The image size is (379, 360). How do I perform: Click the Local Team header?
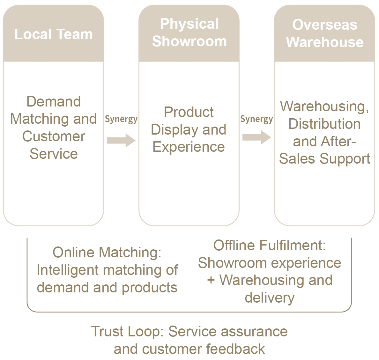pos(53,34)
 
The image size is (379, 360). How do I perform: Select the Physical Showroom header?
pos(189,33)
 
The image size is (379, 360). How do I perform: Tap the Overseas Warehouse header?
pos(324,33)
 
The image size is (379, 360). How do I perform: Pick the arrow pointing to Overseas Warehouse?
pos(256,137)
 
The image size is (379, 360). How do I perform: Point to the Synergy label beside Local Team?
pos(121,119)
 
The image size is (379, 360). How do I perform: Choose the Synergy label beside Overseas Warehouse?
pos(256,119)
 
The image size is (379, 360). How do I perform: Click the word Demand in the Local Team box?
pos(53,102)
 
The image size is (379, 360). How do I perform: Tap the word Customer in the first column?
pos(54,136)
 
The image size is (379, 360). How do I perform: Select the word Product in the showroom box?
pos(189,112)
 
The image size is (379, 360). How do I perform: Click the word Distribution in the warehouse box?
pos(324,124)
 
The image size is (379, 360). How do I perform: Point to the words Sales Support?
pos(324,158)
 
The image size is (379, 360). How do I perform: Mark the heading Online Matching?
pos(107,253)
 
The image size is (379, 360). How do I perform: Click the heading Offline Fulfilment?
pos(270,246)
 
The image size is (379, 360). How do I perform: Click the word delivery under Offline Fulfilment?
pos(270,298)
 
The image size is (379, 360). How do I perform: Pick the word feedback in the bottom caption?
pos(235,349)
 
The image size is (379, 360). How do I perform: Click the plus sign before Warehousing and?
pos(211,280)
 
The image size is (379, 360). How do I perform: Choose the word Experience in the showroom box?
pos(189,147)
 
